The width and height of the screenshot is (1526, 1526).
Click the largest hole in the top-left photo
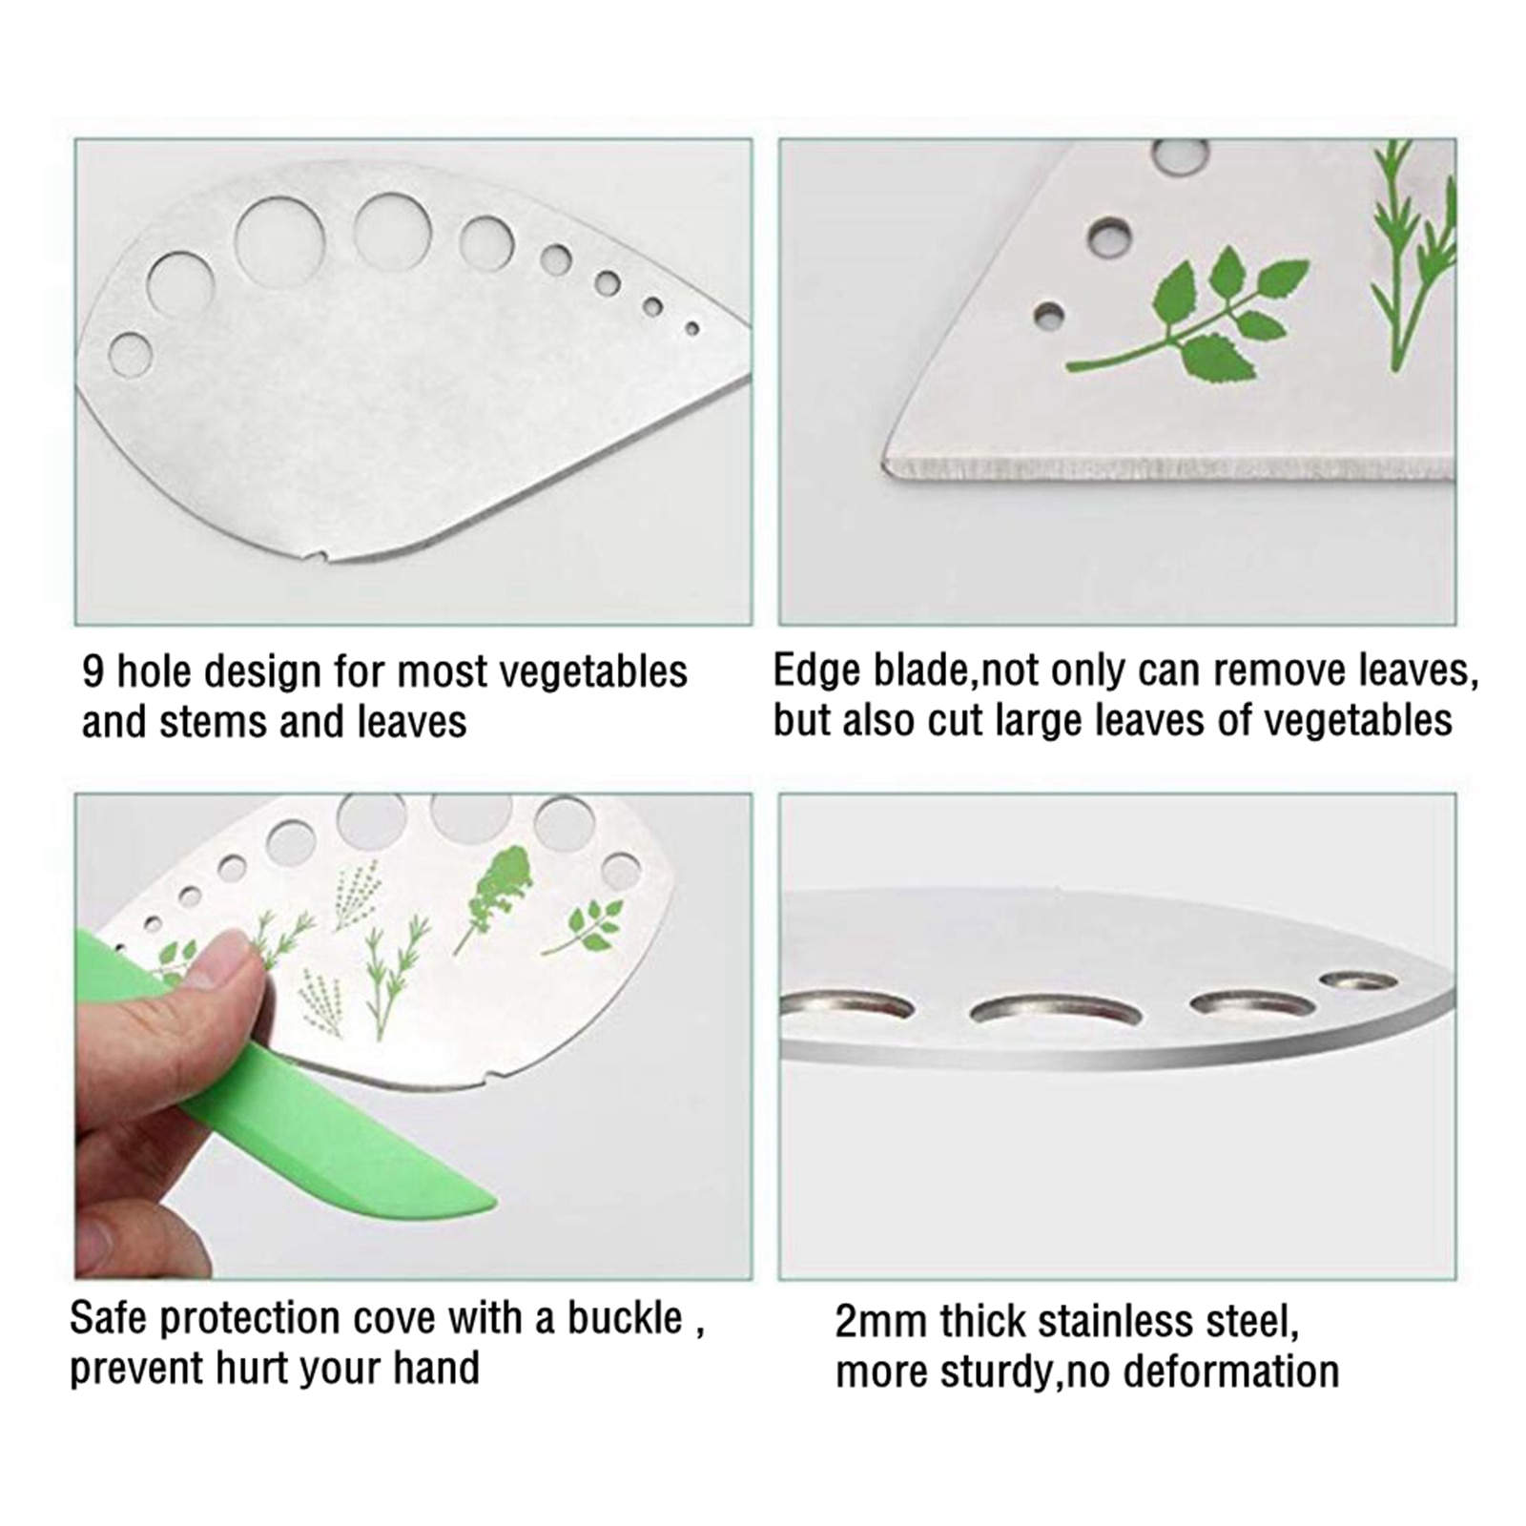click(279, 240)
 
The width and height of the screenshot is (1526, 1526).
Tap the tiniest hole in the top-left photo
click(692, 329)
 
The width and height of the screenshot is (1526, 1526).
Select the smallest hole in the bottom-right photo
click(1358, 981)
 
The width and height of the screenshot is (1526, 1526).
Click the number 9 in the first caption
click(93, 672)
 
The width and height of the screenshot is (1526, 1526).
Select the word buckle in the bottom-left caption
click(625, 1318)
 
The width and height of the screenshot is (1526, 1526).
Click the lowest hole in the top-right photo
click(1050, 315)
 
